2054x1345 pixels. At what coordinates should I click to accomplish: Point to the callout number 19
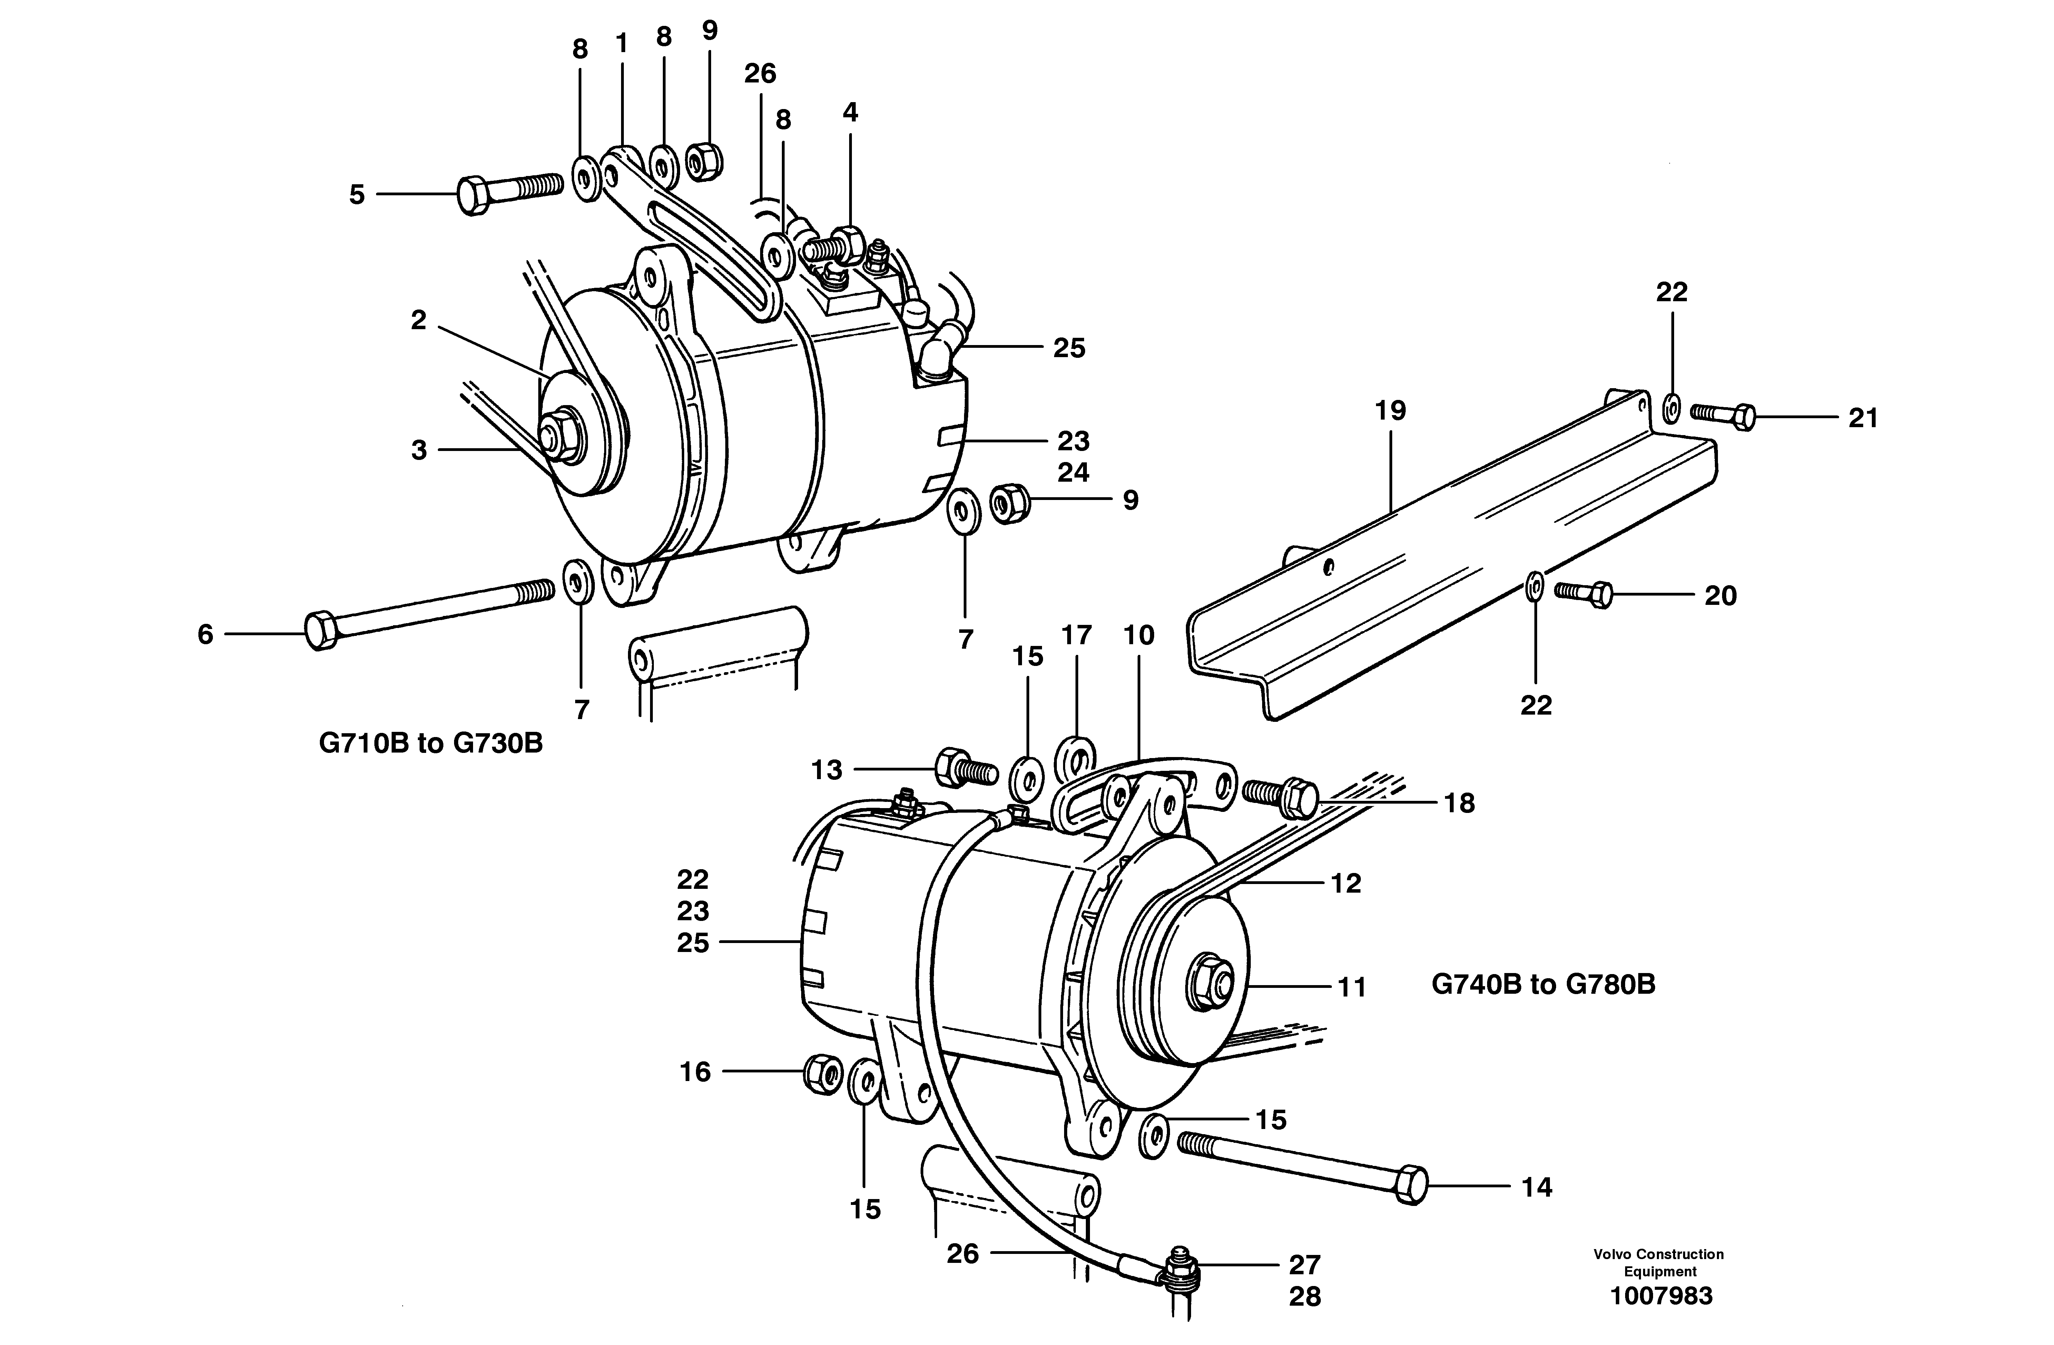1390,411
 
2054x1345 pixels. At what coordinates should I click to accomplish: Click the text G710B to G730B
431,743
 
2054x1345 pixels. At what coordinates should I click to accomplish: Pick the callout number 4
850,112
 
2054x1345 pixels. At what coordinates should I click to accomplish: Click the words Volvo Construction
1659,1254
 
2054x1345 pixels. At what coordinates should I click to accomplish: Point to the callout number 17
1076,635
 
